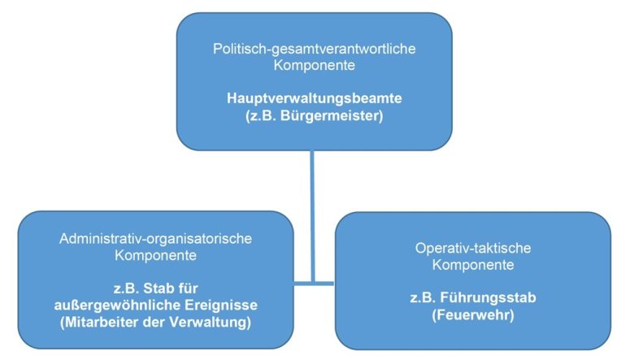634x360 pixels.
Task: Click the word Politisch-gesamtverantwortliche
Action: [x=315, y=49]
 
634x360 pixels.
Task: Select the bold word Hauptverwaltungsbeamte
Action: [x=315, y=98]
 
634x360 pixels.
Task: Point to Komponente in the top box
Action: [x=315, y=65]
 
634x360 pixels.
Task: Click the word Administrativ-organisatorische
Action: [x=156, y=238]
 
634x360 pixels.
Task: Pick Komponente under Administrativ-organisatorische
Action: [x=156, y=255]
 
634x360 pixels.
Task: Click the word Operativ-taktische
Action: [x=473, y=248]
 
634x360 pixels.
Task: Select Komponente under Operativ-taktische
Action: [x=473, y=265]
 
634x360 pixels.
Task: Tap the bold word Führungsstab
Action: [x=488, y=297]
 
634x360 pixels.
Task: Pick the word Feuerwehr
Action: [x=473, y=314]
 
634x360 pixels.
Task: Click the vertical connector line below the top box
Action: [x=312, y=216]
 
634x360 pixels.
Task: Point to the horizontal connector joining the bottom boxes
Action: [x=315, y=284]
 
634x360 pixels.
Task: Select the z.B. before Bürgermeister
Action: [x=261, y=115]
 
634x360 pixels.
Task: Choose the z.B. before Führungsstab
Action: [x=423, y=297]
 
